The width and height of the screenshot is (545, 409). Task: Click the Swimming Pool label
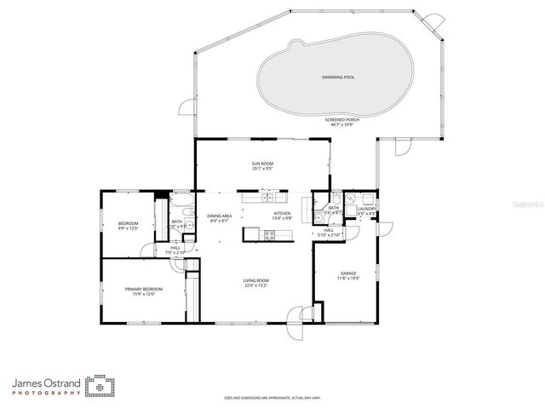point(338,78)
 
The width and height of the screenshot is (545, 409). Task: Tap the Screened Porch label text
point(341,119)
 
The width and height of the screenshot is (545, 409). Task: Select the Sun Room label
point(261,164)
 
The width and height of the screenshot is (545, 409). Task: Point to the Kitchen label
point(282,213)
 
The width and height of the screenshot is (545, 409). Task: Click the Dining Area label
point(219,216)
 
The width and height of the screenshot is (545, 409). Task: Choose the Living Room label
point(256,280)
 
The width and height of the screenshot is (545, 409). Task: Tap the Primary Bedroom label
point(143,289)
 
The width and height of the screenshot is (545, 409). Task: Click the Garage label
point(348,274)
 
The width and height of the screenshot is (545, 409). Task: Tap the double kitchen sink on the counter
point(267,198)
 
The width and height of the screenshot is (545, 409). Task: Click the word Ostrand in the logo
point(62,384)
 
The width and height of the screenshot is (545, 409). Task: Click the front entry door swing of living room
point(297,321)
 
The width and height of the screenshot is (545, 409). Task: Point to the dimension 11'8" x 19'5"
point(348,279)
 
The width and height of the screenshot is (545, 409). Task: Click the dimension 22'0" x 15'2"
point(256,285)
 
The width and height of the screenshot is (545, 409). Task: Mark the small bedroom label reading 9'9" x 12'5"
point(128,228)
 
